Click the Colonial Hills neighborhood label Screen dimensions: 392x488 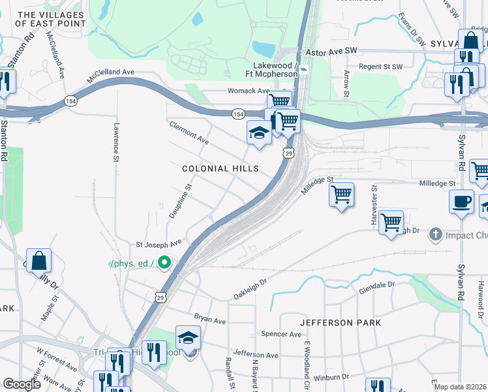pyautogui.click(x=220, y=169)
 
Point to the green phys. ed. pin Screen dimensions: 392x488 pyautogui.click(x=164, y=263)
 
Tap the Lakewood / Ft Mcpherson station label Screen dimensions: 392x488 pyautogui.click(x=276, y=70)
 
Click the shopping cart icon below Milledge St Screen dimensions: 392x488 pyautogui.click(x=341, y=195)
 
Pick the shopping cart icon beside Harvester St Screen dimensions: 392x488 pyautogui.click(x=391, y=222)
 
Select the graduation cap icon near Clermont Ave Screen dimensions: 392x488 pyautogui.click(x=259, y=133)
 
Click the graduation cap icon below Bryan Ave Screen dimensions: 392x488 pyautogui.click(x=188, y=338)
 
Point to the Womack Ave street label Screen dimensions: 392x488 pyautogui.click(x=249, y=91)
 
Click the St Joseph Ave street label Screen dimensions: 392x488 pyautogui.click(x=158, y=245)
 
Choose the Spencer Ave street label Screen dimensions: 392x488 pyautogui.click(x=281, y=334)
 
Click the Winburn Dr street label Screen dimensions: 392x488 pyautogui.click(x=331, y=376)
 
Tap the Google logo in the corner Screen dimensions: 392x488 pyautogui.click(x=22, y=384)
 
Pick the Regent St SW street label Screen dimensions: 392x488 pyautogui.click(x=380, y=66)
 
